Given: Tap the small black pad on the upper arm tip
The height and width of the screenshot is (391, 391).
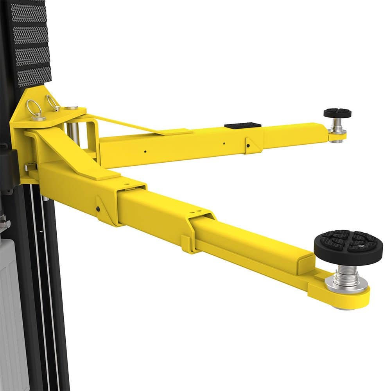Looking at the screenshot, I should click(337, 113).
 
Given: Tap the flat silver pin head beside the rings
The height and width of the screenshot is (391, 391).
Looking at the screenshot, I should click(71, 108).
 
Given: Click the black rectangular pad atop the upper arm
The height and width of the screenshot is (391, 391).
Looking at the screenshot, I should click(242, 126).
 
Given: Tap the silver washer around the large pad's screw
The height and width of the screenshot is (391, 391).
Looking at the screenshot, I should click(346, 284).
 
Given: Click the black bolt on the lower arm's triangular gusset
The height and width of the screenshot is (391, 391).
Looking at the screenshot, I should click(97, 208).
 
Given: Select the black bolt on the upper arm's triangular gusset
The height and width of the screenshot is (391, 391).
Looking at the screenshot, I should click(248, 146).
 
